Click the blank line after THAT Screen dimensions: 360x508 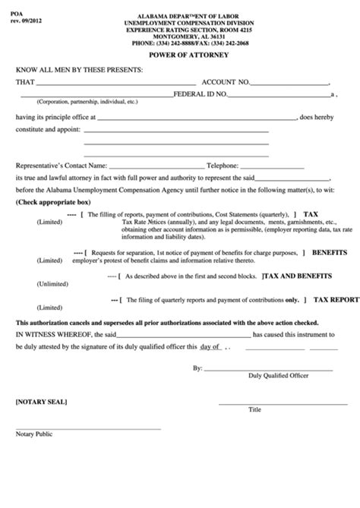118,82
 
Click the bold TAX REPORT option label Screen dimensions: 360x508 336,300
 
